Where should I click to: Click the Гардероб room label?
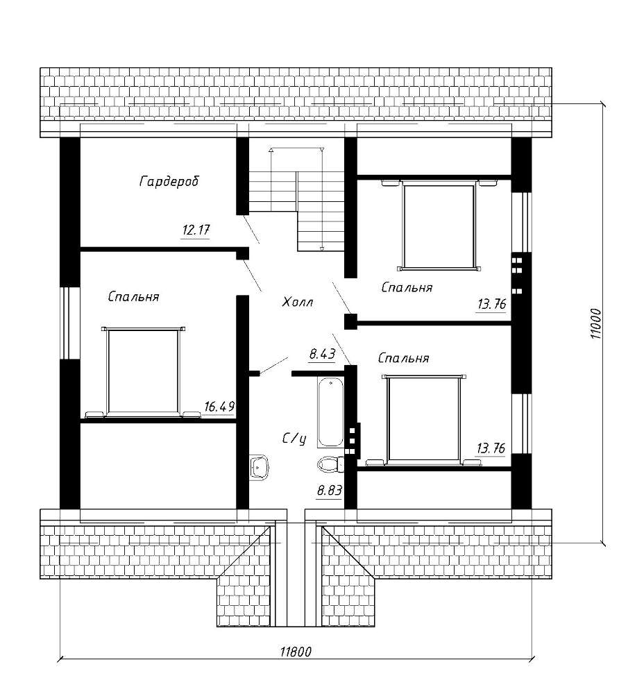tap(169, 181)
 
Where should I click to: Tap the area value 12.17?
tap(196, 230)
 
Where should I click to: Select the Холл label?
tap(298, 303)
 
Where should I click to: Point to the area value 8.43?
tap(322, 354)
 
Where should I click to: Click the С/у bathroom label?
tap(294, 439)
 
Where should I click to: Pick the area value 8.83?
tap(330, 491)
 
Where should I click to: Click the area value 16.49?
tap(219, 406)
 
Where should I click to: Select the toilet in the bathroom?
tap(330, 464)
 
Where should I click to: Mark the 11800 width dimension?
tap(296, 652)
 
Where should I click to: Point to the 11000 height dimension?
tap(596, 324)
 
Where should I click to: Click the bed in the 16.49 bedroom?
tap(143, 372)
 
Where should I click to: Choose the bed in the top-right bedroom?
tap(439, 225)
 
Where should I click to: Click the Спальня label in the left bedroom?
tap(134, 296)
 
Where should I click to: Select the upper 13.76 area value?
tap(491, 305)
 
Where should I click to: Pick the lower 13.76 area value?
tap(491, 448)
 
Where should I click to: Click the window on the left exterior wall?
tap(70, 323)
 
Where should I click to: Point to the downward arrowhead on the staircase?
tap(322, 248)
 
